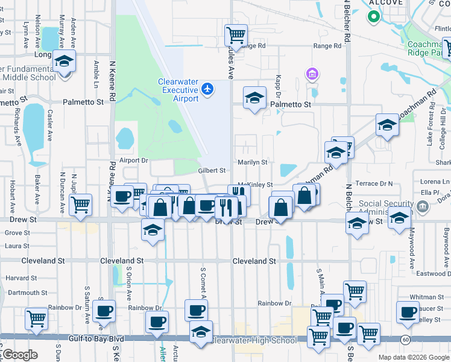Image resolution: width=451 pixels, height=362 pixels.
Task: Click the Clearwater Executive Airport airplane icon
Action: coord(208,89)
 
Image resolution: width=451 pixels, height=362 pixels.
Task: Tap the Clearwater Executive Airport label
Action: coord(178,90)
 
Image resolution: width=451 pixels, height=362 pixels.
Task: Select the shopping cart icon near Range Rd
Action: coord(236,34)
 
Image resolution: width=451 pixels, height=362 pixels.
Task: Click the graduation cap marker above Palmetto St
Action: coord(255,98)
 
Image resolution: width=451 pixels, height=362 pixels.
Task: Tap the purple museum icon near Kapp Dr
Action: coord(312,74)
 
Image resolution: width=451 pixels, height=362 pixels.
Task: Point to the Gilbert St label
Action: coord(212,171)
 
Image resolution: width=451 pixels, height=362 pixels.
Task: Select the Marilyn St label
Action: coord(252,162)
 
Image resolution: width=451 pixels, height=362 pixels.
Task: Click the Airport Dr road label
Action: coord(133,160)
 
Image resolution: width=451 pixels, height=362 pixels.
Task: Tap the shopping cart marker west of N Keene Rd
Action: coord(80,205)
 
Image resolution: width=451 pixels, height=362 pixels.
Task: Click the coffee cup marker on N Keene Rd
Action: coord(122,196)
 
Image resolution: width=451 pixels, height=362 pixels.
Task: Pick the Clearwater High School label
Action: coord(253,340)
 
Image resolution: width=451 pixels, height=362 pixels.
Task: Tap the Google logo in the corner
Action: coord(19,354)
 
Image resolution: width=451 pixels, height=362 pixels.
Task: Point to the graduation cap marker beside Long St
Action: coord(64,62)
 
